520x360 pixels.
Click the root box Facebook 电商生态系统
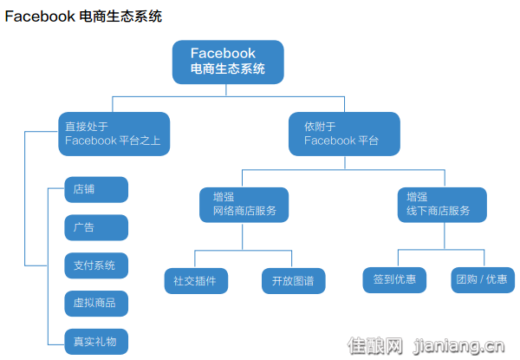point(227,62)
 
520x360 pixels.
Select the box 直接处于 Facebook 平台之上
point(114,134)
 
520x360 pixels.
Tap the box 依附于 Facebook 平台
point(344,134)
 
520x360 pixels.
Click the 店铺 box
point(96,189)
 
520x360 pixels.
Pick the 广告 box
point(96,227)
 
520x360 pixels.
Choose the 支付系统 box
point(96,265)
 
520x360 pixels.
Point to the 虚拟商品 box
point(96,303)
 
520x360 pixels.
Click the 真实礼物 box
point(96,341)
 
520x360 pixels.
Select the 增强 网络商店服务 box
point(244,204)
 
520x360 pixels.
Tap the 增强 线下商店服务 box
point(441,204)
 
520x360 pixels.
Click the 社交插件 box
point(194,280)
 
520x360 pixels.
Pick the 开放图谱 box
point(292,280)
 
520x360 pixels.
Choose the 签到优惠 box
point(393,279)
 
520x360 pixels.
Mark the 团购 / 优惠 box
point(483,279)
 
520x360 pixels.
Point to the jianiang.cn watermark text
point(460,347)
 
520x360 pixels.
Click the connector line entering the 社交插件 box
point(194,259)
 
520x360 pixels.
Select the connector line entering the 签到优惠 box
point(398,258)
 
